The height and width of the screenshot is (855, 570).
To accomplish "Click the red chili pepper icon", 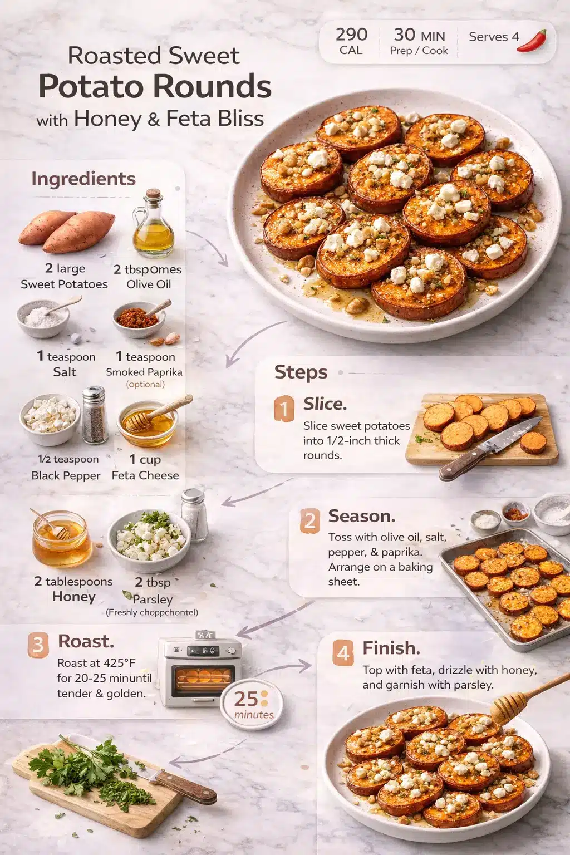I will (532, 41).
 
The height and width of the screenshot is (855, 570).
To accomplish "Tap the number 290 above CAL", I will (351, 35).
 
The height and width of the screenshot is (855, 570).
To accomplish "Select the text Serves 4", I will (494, 37).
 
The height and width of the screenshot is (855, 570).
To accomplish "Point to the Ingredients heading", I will (83, 179).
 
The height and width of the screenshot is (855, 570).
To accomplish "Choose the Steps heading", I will (301, 372).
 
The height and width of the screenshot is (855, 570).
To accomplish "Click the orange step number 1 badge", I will (284, 409).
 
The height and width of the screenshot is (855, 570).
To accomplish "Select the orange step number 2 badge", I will (309, 522).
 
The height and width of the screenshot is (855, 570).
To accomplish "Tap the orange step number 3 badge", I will (38, 645).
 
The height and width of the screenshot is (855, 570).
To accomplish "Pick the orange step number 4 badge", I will (343, 652).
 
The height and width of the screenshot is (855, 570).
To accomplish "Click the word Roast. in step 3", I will (86, 641).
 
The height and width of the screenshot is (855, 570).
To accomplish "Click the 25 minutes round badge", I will (252, 704).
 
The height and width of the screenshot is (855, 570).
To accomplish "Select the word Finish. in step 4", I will (391, 648).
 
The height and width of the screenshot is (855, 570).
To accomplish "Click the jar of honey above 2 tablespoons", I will (61, 539).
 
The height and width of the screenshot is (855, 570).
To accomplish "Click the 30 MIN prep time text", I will (419, 35).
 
